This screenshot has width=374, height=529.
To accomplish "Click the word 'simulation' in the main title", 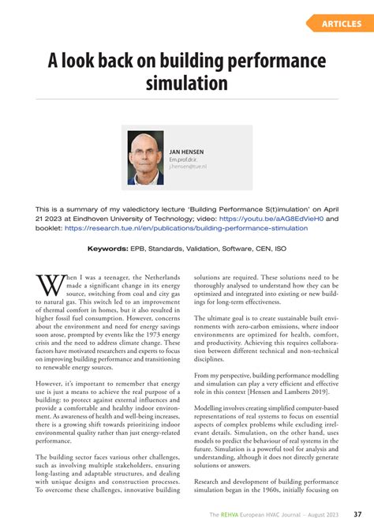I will click(x=187, y=83).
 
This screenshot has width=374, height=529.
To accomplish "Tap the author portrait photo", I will click(x=146, y=158).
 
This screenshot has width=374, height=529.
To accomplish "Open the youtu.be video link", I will click(x=269, y=219).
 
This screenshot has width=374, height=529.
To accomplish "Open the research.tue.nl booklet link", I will click(x=186, y=227).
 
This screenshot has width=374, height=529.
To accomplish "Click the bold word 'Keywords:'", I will click(x=108, y=247).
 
